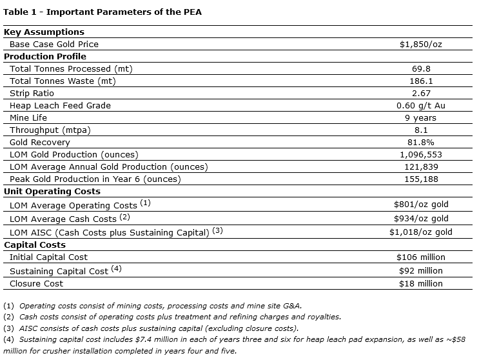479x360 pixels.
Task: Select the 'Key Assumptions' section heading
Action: coord(44,32)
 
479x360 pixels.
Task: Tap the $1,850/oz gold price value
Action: coord(420,44)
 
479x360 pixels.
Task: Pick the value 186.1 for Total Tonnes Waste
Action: coord(421,81)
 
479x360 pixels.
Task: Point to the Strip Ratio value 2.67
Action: coord(421,93)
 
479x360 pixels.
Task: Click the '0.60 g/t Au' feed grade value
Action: coord(421,105)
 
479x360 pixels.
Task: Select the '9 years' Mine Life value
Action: coord(421,117)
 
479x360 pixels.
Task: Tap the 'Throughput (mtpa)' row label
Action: coord(50,130)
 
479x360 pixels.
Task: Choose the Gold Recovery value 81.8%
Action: coord(421,142)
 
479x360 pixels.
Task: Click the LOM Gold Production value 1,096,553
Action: coord(421,154)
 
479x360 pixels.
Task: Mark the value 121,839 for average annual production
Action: coord(421,166)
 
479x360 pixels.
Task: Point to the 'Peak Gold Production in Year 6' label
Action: coord(95,179)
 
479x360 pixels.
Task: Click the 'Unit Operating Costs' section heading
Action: coord(52,191)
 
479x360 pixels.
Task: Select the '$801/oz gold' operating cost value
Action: coord(421,205)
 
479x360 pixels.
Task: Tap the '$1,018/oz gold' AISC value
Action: coord(421,232)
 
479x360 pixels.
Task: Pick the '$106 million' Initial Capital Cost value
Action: coord(421,257)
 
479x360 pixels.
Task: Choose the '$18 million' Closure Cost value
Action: coord(421,283)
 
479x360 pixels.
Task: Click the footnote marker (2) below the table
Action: coord(8,316)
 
